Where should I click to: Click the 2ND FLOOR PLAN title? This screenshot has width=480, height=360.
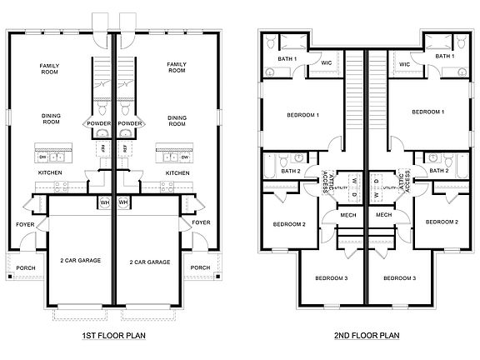366,336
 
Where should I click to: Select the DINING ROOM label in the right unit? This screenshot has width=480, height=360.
177,122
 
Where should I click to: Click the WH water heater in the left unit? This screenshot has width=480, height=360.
104,202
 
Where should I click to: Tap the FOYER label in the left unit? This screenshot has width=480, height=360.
25,223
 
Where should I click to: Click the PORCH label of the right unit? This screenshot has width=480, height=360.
200,267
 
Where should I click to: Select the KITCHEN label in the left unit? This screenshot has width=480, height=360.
51,173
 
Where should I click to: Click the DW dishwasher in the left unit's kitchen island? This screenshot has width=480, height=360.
42,156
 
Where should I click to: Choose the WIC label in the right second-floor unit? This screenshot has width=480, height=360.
404,63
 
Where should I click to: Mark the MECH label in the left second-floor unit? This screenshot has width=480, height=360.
349,215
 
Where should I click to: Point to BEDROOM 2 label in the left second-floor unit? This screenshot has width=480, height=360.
290,224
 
